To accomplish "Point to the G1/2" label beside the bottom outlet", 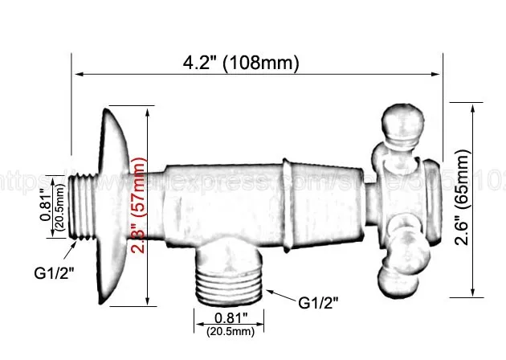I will pos(318,303).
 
